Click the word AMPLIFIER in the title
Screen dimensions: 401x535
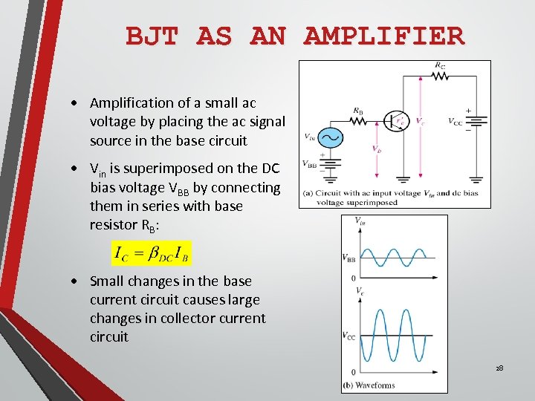click(384, 36)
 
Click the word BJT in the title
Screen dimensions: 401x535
click(152, 36)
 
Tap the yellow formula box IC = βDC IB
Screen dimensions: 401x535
click(151, 253)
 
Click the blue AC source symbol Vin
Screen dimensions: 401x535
click(329, 138)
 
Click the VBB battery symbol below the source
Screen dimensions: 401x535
click(329, 165)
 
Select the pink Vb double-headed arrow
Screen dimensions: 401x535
click(377, 149)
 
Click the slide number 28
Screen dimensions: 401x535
click(500, 368)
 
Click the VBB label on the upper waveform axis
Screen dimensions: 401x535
click(348, 258)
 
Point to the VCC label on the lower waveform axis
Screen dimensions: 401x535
click(348, 336)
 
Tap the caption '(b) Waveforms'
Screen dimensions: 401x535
click(369, 385)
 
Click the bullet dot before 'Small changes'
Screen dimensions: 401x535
click(77, 281)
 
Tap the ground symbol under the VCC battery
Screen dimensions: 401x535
click(476, 179)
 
